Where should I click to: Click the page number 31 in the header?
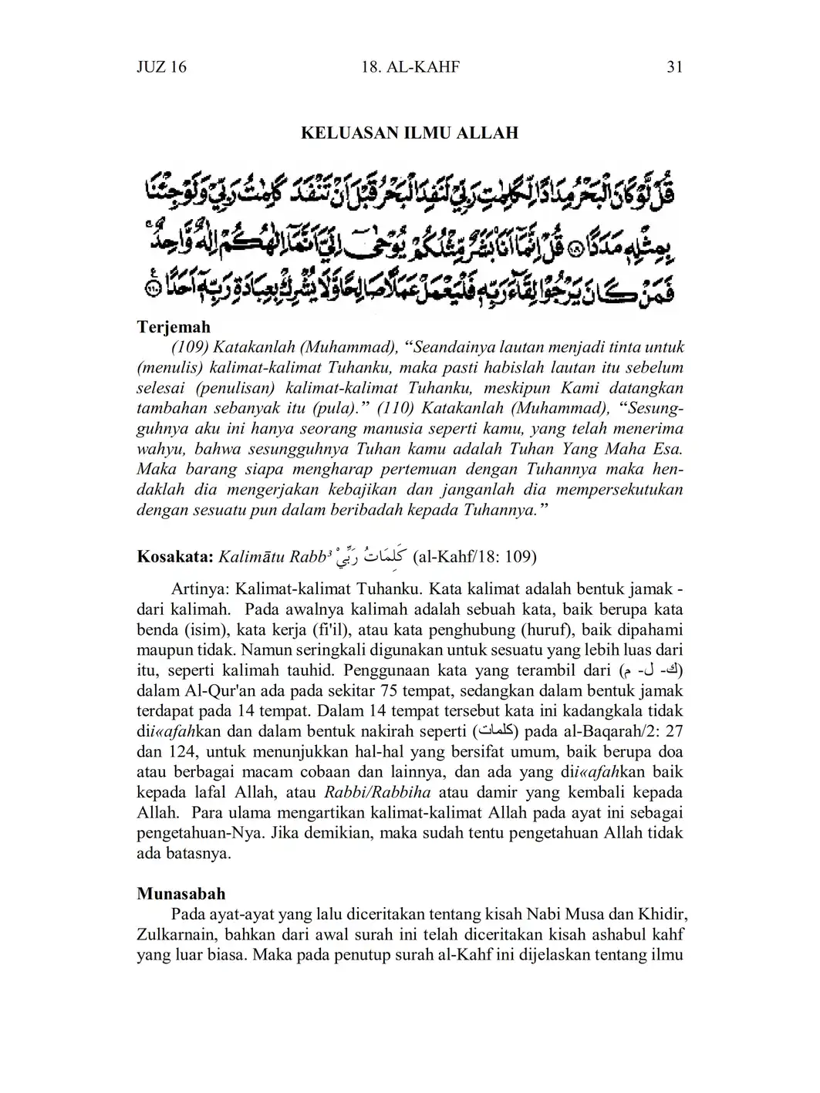674,67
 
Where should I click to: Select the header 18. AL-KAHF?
410,67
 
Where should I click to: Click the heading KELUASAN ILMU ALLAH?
409,133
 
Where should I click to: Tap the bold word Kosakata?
175,556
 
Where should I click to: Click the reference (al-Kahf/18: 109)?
475,556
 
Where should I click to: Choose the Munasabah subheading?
181,894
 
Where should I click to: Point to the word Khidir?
661,915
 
